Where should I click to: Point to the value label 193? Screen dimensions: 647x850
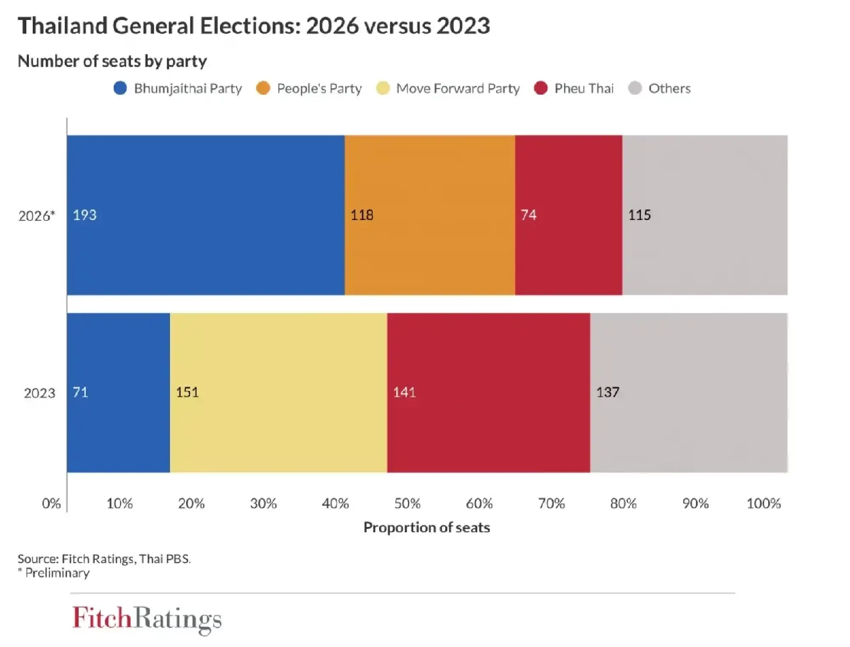click(85, 215)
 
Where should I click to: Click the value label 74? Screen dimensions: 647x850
click(528, 215)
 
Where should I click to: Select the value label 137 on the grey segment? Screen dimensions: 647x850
click(607, 392)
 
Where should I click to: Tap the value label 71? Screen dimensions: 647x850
click(80, 392)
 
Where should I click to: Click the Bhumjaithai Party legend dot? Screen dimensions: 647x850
click(120, 88)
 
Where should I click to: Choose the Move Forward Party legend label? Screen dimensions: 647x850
click(458, 88)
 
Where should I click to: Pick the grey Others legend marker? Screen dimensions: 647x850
click(635, 88)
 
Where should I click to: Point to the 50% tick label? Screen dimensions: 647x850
click(407, 504)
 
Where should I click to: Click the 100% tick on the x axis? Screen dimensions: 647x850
click(763, 504)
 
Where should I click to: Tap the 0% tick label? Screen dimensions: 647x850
click(51, 504)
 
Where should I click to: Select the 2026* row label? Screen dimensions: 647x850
click(37, 216)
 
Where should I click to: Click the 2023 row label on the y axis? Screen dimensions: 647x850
click(39, 393)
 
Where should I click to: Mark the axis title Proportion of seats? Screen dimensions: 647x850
click(427, 527)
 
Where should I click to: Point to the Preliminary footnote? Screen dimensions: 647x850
click(57, 573)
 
